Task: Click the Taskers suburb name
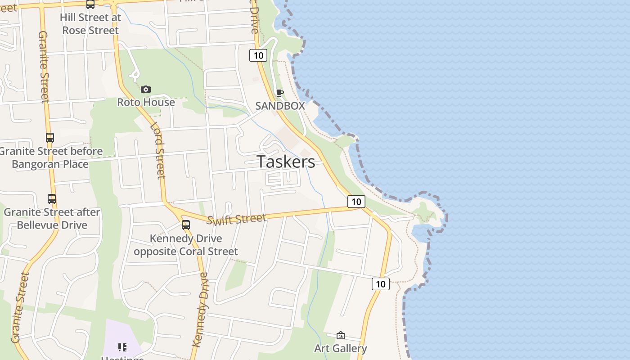tap(286, 162)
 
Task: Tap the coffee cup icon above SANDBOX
tap(280, 93)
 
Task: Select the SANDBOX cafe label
tap(280, 106)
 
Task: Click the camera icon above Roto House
tap(145, 90)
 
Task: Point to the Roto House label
tap(146, 102)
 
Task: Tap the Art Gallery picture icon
tap(341, 335)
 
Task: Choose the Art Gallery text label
tap(340, 348)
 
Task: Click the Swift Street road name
tap(237, 219)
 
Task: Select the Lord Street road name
tap(158, 150)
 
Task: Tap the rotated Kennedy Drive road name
tap(200, 310)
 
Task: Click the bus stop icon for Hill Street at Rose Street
tap(90, 4)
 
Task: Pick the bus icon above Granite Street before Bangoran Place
tap(50, 138)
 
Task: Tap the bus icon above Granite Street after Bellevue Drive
tap(52, 198)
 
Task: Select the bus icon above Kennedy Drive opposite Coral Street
tap(186, 225)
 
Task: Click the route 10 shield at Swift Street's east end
tap(356, 202)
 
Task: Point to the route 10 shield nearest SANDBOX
tap(258, 55)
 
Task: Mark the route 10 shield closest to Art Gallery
tap(380, 284)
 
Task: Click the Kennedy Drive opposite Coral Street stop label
tap(186, 245)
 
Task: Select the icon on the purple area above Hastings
tap(122, 347)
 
